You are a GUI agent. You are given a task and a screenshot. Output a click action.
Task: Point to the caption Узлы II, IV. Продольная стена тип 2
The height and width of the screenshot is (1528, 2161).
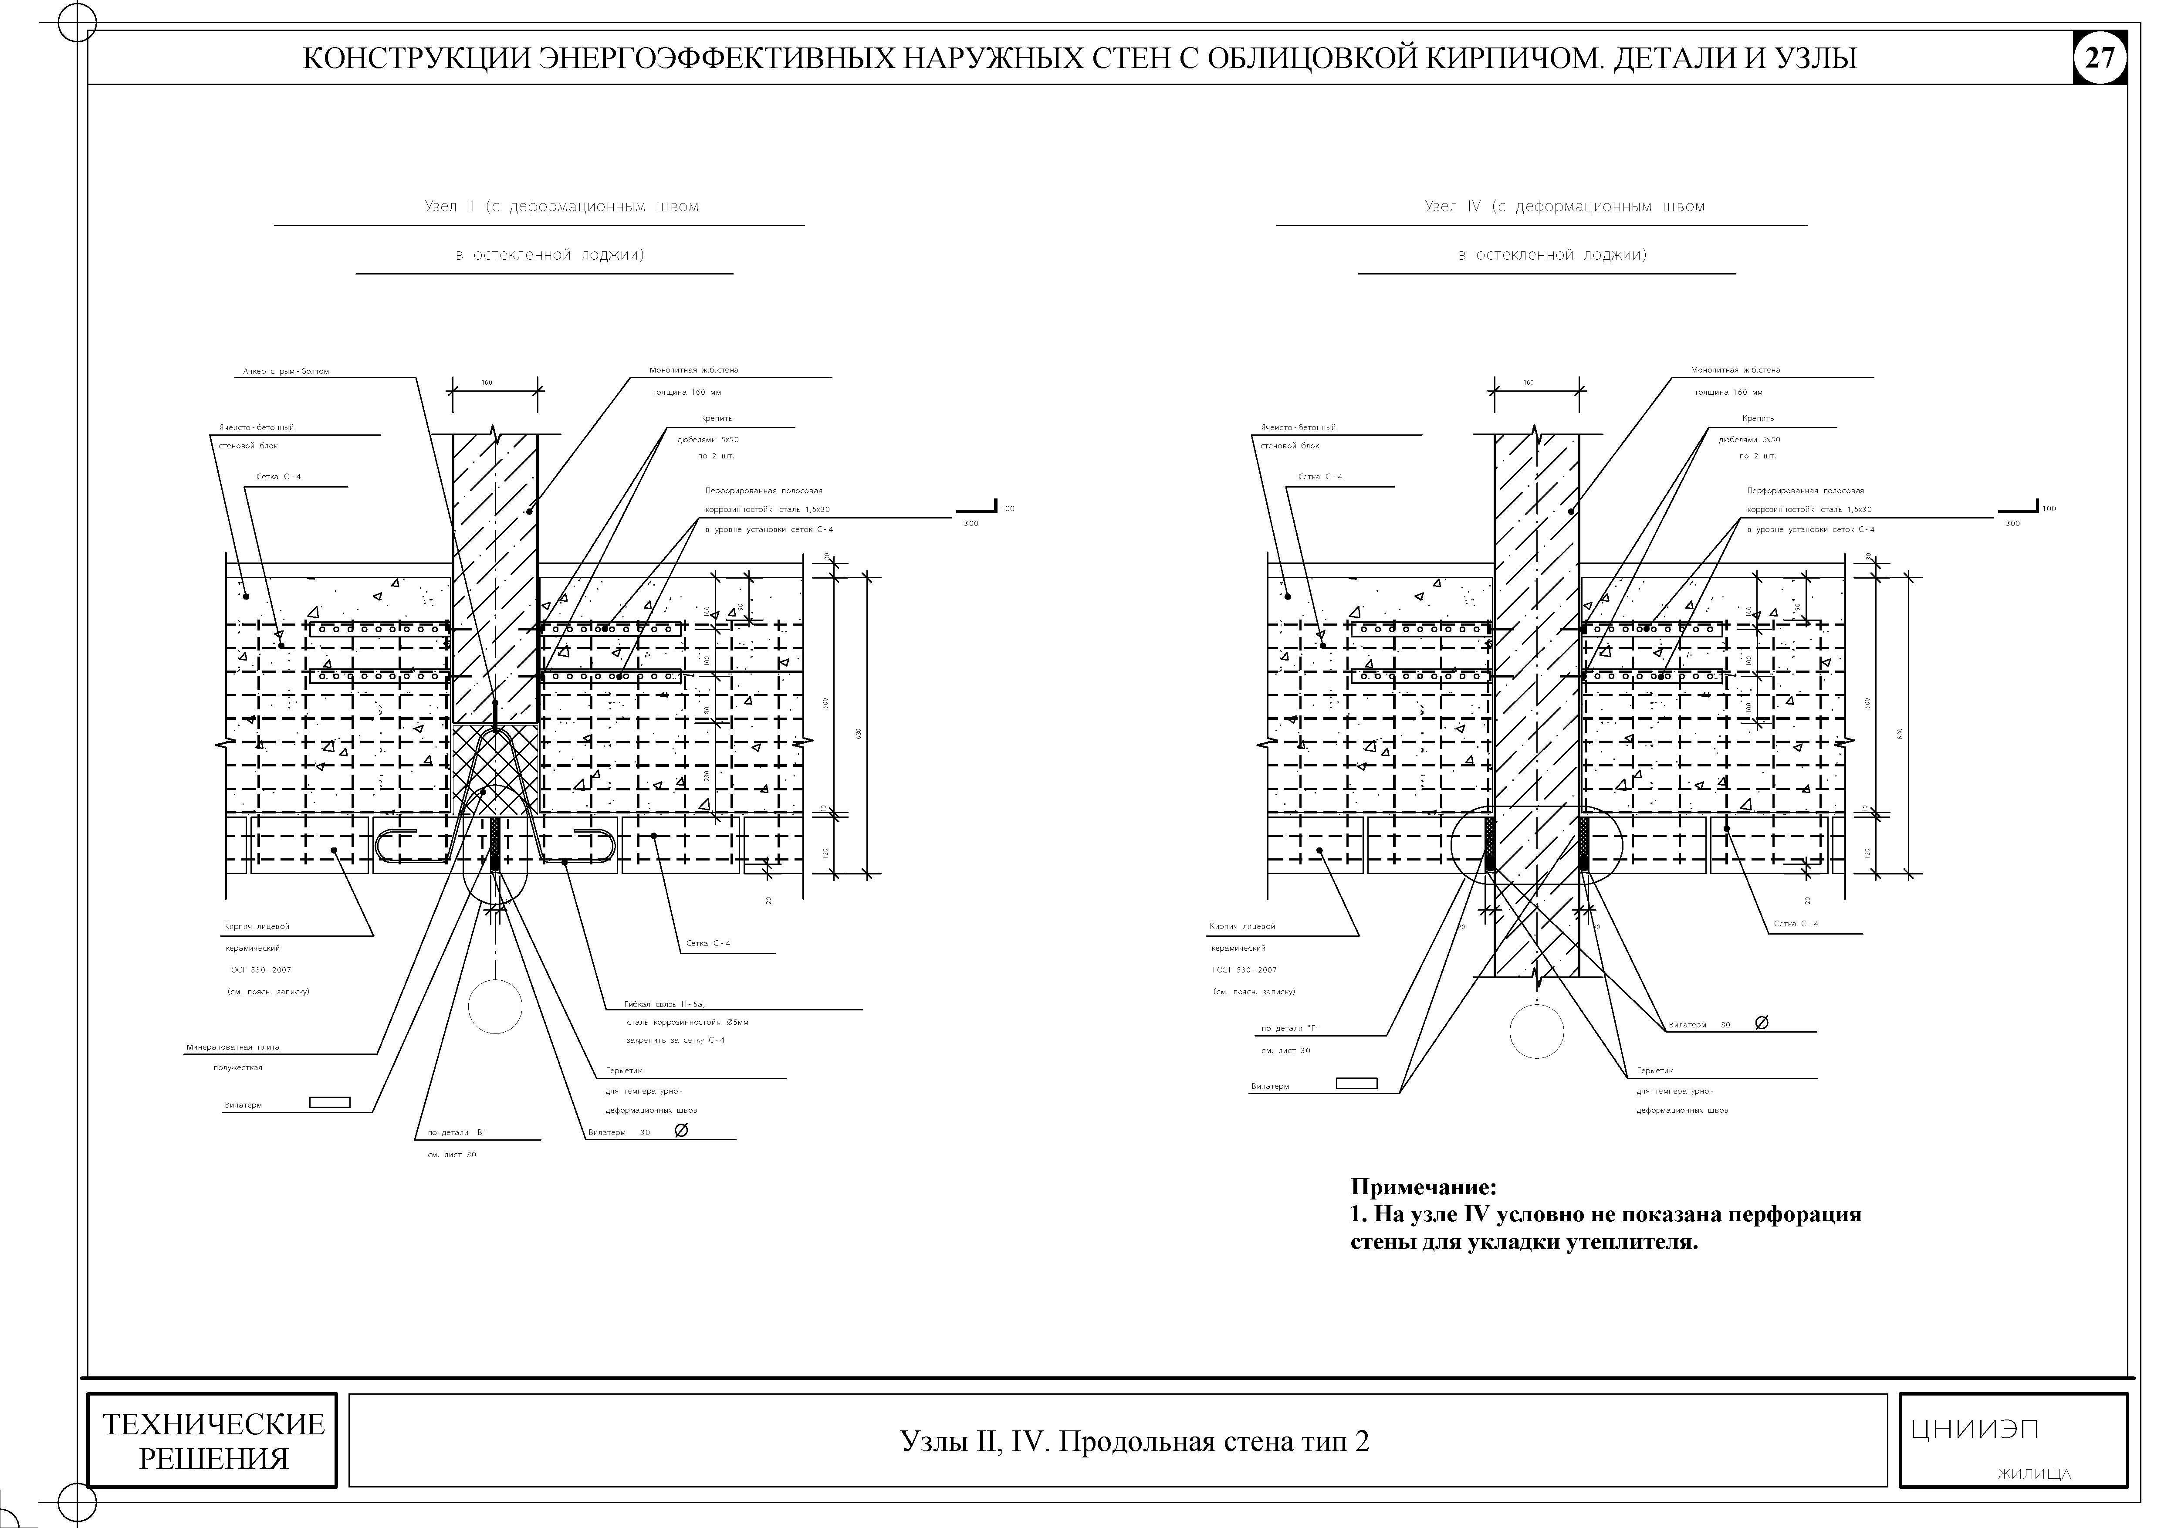coord(1134,1440)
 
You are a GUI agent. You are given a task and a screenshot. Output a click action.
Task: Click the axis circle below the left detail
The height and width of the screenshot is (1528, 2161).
coord(495,1006)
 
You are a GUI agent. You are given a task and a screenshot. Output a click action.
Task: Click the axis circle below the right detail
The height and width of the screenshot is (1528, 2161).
coord(1536,1031)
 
